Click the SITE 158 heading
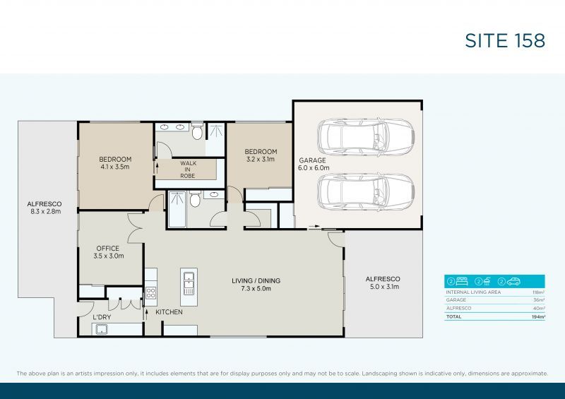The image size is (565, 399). click(x=505, y=40)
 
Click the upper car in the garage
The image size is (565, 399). click(x=365, y=137)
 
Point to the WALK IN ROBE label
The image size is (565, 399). click(x=189, y=169)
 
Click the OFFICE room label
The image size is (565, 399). click(x=108, y=249)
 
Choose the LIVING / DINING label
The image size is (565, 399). click(x=256, y=281)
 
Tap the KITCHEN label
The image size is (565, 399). click(x=169, y=312)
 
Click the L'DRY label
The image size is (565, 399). click(x=102, y=318)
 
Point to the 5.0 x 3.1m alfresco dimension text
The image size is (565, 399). click(x=383, y=287)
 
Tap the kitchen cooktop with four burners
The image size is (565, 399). click(x=150, y=292)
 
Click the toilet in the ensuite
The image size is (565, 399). click(x=196, y=131)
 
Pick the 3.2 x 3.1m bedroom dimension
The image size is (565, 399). click(x=261, y=160)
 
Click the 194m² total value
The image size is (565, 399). click(x=539, y=317)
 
